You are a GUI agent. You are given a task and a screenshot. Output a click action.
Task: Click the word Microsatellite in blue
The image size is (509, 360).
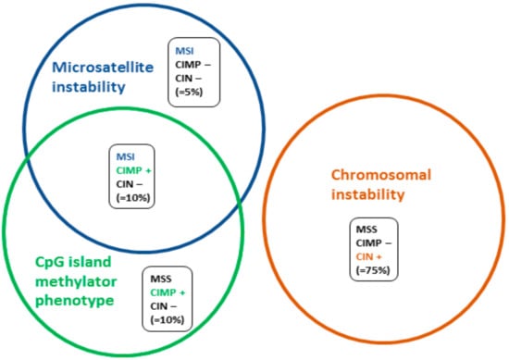click(x=103, y=68)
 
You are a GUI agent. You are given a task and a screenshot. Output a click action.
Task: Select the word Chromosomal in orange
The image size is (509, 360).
click(x=381, y=175)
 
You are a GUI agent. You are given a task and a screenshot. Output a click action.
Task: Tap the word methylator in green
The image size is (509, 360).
click(x=76, y=281)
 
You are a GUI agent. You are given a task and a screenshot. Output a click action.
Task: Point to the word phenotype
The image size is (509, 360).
click(x=74, y=301)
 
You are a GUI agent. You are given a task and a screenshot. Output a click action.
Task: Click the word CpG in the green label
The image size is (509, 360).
click(x=50, y=262)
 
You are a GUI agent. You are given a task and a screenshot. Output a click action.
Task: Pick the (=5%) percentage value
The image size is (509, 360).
click(x=189, y=93)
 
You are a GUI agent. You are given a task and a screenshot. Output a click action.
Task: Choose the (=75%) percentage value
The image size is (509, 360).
click(x=373, y=270)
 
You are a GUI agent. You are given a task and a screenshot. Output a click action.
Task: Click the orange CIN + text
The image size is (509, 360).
click(x=368, y=256)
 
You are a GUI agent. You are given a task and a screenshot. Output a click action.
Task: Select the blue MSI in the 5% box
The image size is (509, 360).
click(x=184, y=51)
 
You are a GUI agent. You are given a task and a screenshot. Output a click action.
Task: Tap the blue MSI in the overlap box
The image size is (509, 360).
click(x=125, y=156)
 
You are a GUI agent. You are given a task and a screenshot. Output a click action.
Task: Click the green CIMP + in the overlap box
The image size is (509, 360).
click(x=134, y=170)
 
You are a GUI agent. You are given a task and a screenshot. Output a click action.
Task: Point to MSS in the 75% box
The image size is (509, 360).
click(x=366, y=230)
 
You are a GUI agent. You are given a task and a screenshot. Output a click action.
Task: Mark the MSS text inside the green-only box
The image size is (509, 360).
click(x=161, y=279)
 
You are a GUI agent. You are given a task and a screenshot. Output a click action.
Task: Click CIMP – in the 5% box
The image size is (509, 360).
click(x=192, y=65)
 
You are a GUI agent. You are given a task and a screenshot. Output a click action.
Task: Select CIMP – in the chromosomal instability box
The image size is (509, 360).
click(x=374, y=242)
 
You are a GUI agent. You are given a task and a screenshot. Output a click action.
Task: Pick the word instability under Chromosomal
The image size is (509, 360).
click(x=367, y=194)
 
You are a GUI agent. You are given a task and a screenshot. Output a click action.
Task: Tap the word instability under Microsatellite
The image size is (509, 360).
click(x=89, y=87)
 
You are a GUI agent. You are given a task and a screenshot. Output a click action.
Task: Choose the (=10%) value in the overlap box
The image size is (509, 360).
click(x=133, y=198)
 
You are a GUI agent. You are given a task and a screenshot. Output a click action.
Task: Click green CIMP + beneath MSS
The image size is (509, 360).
click(x=168, y=292)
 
